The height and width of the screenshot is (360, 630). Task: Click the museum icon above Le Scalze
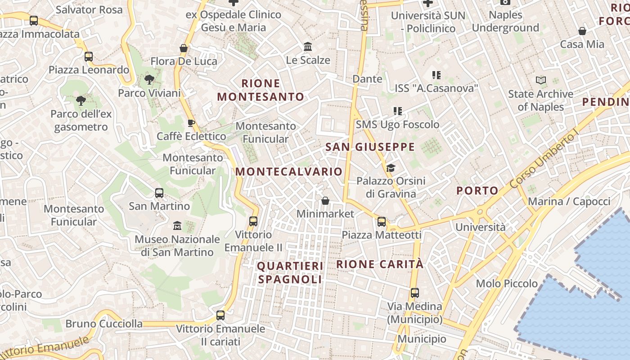tap(308, 46)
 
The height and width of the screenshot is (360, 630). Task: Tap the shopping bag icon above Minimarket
tap(325, 201)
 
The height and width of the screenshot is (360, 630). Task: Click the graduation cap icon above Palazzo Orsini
tap(391, 168)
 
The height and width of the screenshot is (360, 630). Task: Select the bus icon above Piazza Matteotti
tap(382, 221)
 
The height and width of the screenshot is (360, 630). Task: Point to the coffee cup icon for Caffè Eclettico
tap(191, 123)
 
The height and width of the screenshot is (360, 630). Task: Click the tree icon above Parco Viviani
tap(149, 80)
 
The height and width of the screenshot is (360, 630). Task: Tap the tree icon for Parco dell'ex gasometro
tap(81, 101)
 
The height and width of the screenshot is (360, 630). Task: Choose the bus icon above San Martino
tap(159, 193)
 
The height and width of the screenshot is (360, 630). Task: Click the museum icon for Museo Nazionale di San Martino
tap(177, 225)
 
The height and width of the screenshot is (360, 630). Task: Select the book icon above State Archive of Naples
tap(540, 81)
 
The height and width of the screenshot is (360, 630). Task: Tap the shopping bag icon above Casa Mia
tap(582, 31)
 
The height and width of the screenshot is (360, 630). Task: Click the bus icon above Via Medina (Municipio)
tap(415, 293)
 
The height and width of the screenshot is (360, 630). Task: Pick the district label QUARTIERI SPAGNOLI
tap(290, 273)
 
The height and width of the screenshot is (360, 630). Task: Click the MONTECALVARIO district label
tap(289, 172)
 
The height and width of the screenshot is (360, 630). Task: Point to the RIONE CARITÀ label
tap(380, 264)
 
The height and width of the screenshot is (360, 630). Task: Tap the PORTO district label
tap(477, 191)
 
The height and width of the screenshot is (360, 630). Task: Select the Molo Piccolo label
tap(507, 283)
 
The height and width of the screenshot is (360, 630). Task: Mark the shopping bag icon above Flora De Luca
tap(184, 48)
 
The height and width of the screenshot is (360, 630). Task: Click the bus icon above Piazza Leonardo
tap(89, 57)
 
